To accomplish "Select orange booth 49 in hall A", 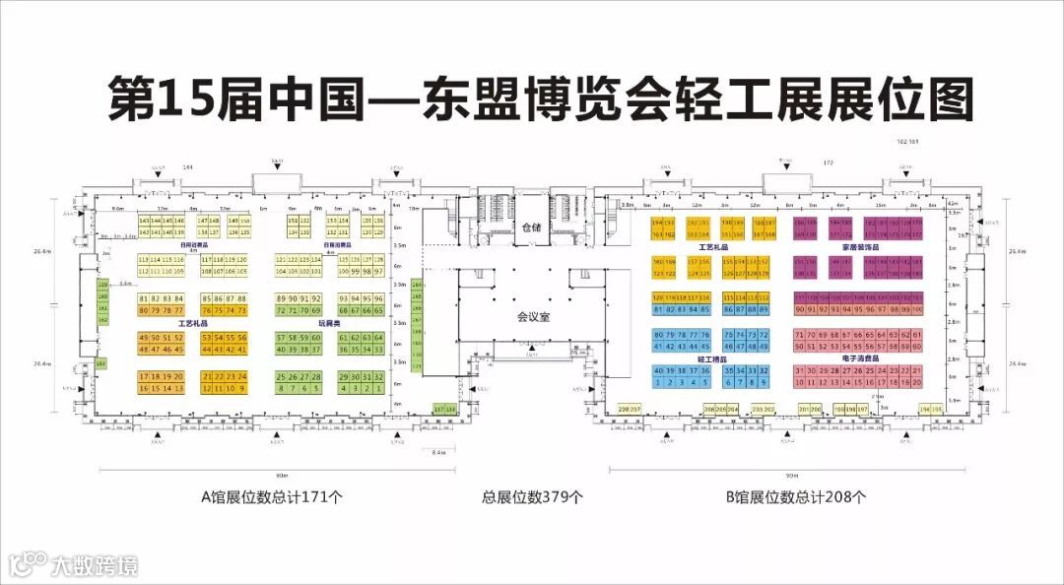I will click(x=144, y=338).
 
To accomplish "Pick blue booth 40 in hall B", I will click(x=657, y=370).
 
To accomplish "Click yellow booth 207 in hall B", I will click(x=635, y=409).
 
